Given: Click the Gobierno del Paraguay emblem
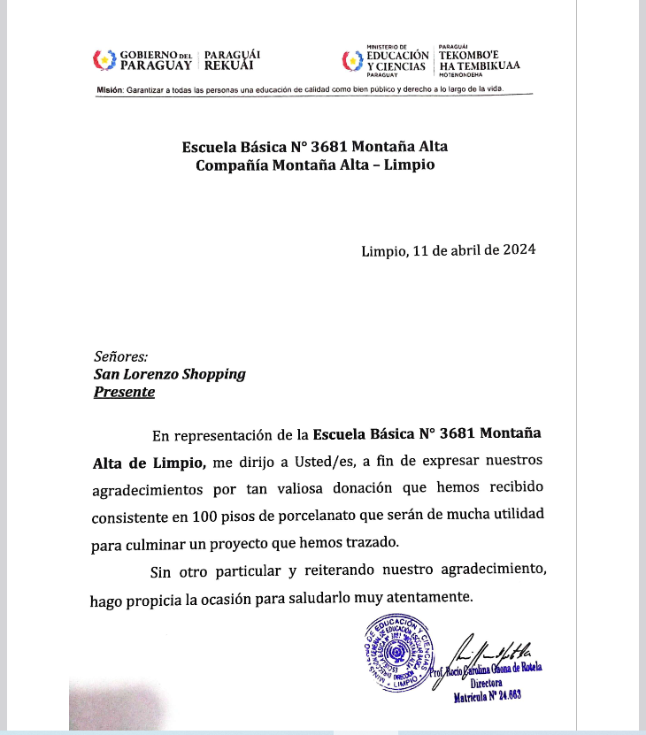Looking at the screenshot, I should [105, 60].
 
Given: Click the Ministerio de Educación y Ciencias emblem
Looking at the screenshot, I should [352, 60].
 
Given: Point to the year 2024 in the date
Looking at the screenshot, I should [518, 249].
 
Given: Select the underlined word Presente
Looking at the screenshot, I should [124, 392].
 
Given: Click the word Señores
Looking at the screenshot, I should [120, 356].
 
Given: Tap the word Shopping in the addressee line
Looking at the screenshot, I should [213, 374].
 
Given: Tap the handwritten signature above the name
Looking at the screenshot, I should [496, 649].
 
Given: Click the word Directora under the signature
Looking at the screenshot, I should [487, 684].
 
